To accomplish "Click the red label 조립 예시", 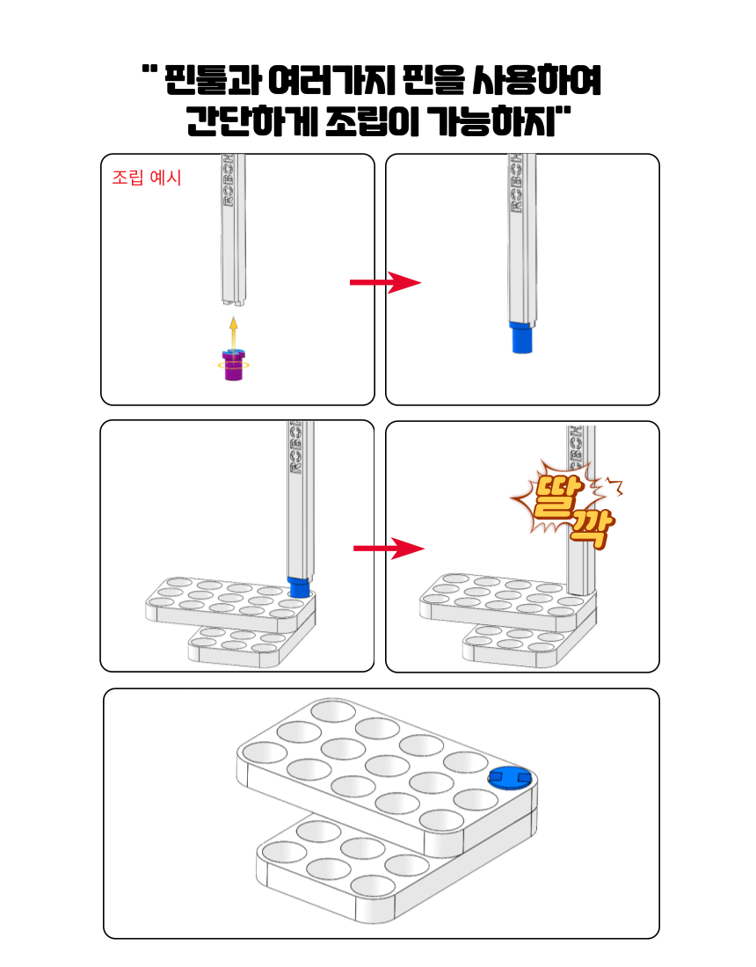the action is coord(147,178).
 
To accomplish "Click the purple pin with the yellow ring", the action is coord(234,365).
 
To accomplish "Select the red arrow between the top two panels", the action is coord(385,282).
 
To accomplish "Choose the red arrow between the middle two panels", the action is coord(389,549).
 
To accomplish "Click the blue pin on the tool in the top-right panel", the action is coord(522,337).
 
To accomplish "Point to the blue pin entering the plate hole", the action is coord(299,586).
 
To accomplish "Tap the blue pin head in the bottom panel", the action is coord(509,778).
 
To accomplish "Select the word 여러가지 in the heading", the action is coord(331,80).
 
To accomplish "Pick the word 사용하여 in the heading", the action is coord(537,80).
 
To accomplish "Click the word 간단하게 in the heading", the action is coord(252,121).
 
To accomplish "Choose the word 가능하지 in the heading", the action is coord(492,121).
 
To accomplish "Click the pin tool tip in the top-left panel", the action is coord(234,302).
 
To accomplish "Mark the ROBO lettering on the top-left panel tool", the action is coord(229,181).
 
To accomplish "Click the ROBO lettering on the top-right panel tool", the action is coord(515,184).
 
